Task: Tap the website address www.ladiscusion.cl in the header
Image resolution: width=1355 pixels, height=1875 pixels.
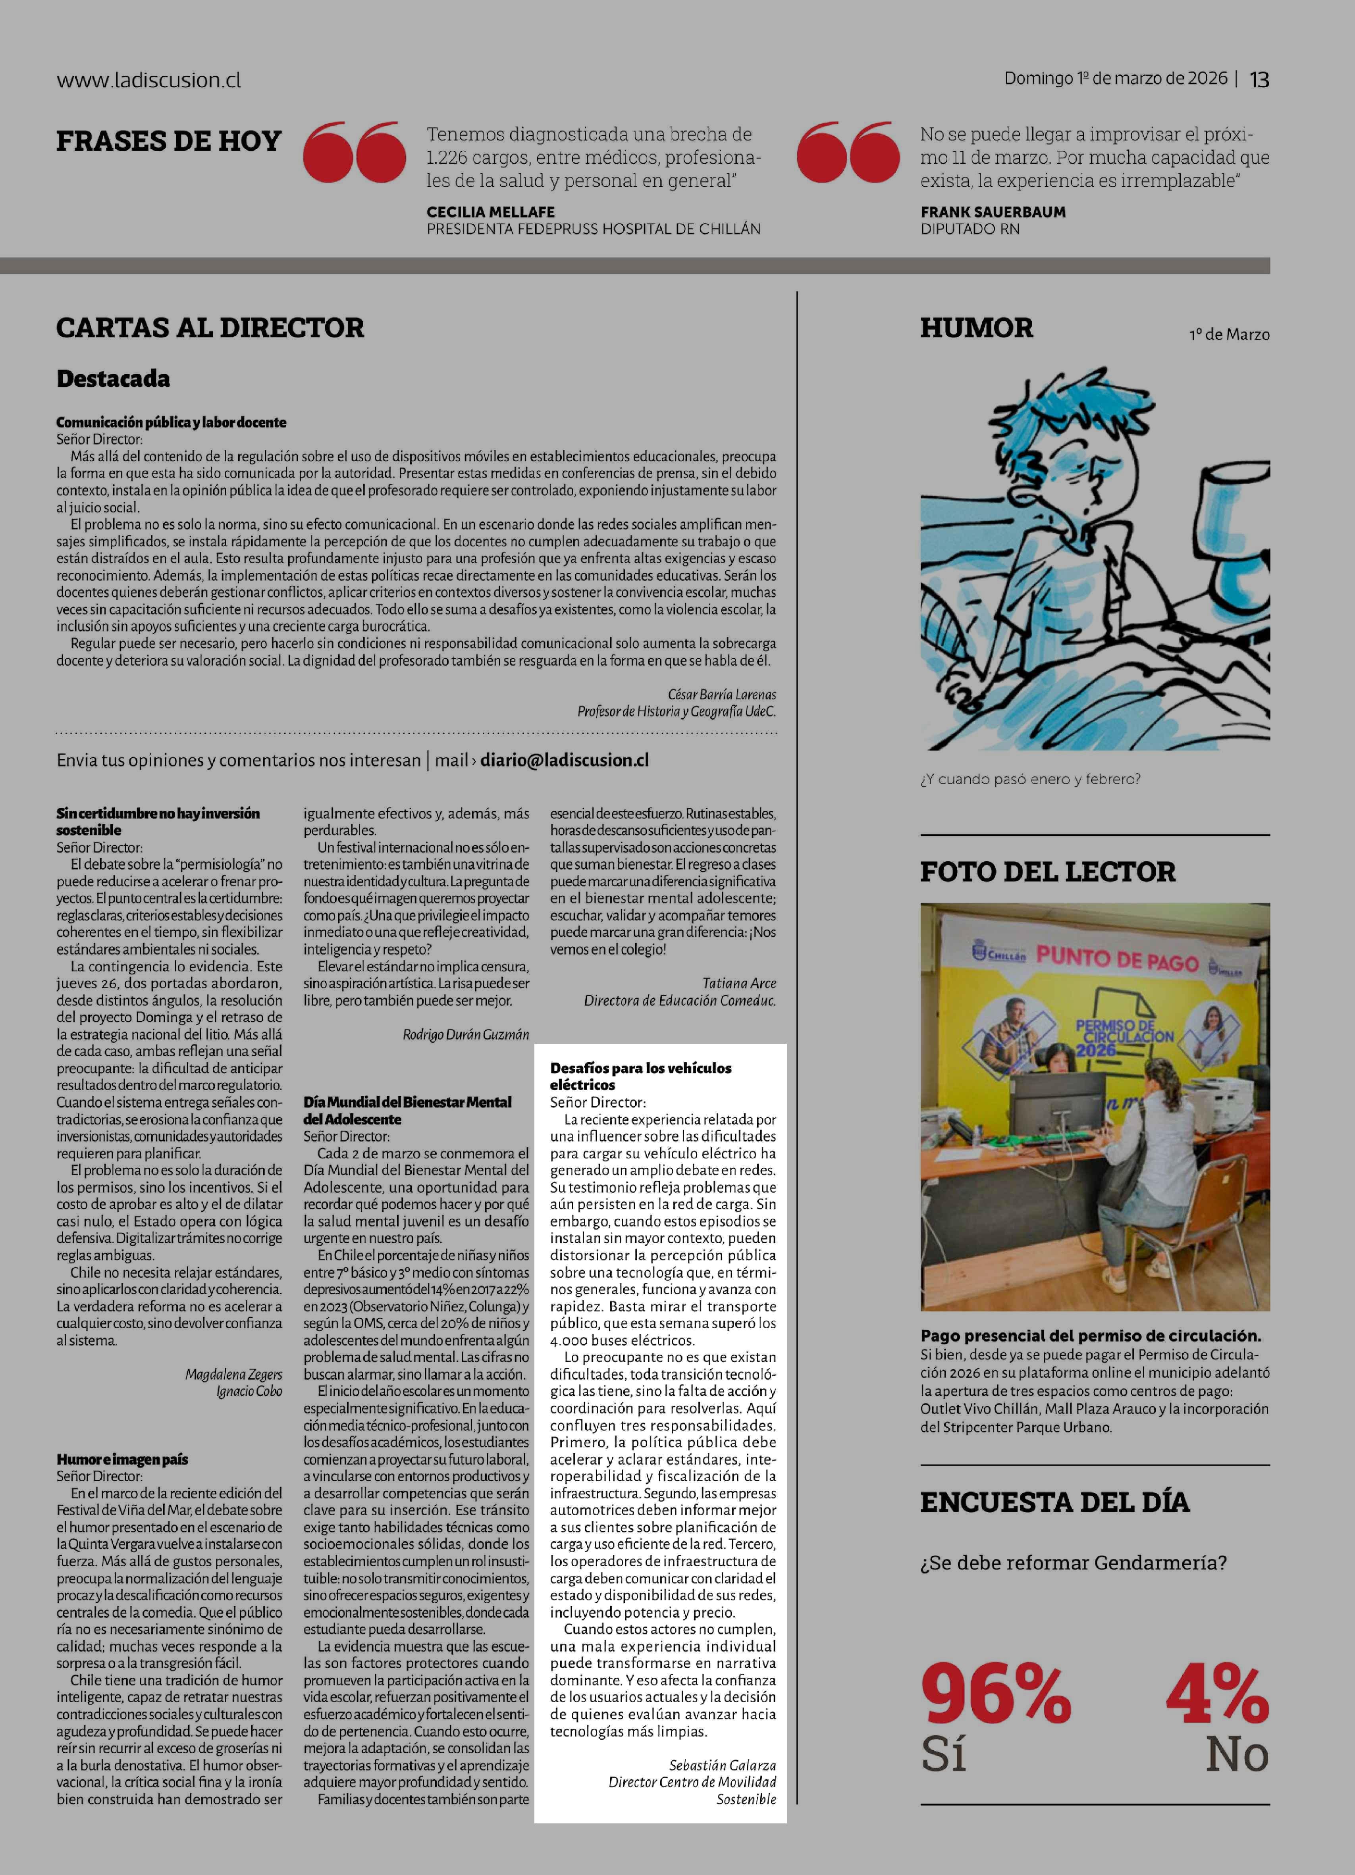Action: [149, 80]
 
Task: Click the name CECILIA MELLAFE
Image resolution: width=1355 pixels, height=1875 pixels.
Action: [490, 212]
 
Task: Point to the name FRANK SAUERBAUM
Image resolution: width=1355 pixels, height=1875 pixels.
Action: [993, 212]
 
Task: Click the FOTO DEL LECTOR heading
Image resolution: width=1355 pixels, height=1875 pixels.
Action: [1047, 871]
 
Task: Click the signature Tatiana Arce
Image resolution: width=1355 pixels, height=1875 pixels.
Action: [739, 983]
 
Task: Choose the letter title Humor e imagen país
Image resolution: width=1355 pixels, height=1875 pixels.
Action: [122, 1459]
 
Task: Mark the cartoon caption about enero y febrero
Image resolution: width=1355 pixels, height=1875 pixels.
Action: [1030, 779]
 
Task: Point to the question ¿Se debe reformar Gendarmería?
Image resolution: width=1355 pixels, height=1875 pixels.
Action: [1073, 1563]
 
